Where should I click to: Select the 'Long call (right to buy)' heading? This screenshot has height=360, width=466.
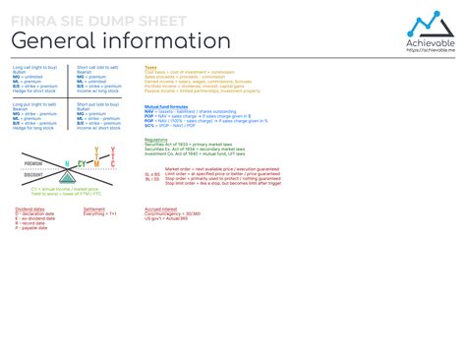pos(34,68)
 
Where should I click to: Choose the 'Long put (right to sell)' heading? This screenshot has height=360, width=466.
pos(34,102)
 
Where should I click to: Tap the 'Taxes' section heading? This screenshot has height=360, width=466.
pos(149,68)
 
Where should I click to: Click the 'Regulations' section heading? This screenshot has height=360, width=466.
pos(155,140)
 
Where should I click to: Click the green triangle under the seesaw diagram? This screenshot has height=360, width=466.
pos(68,175)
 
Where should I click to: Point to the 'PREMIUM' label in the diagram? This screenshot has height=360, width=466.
pos(32,163)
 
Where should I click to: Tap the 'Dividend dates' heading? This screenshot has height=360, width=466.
pos(29,209)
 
